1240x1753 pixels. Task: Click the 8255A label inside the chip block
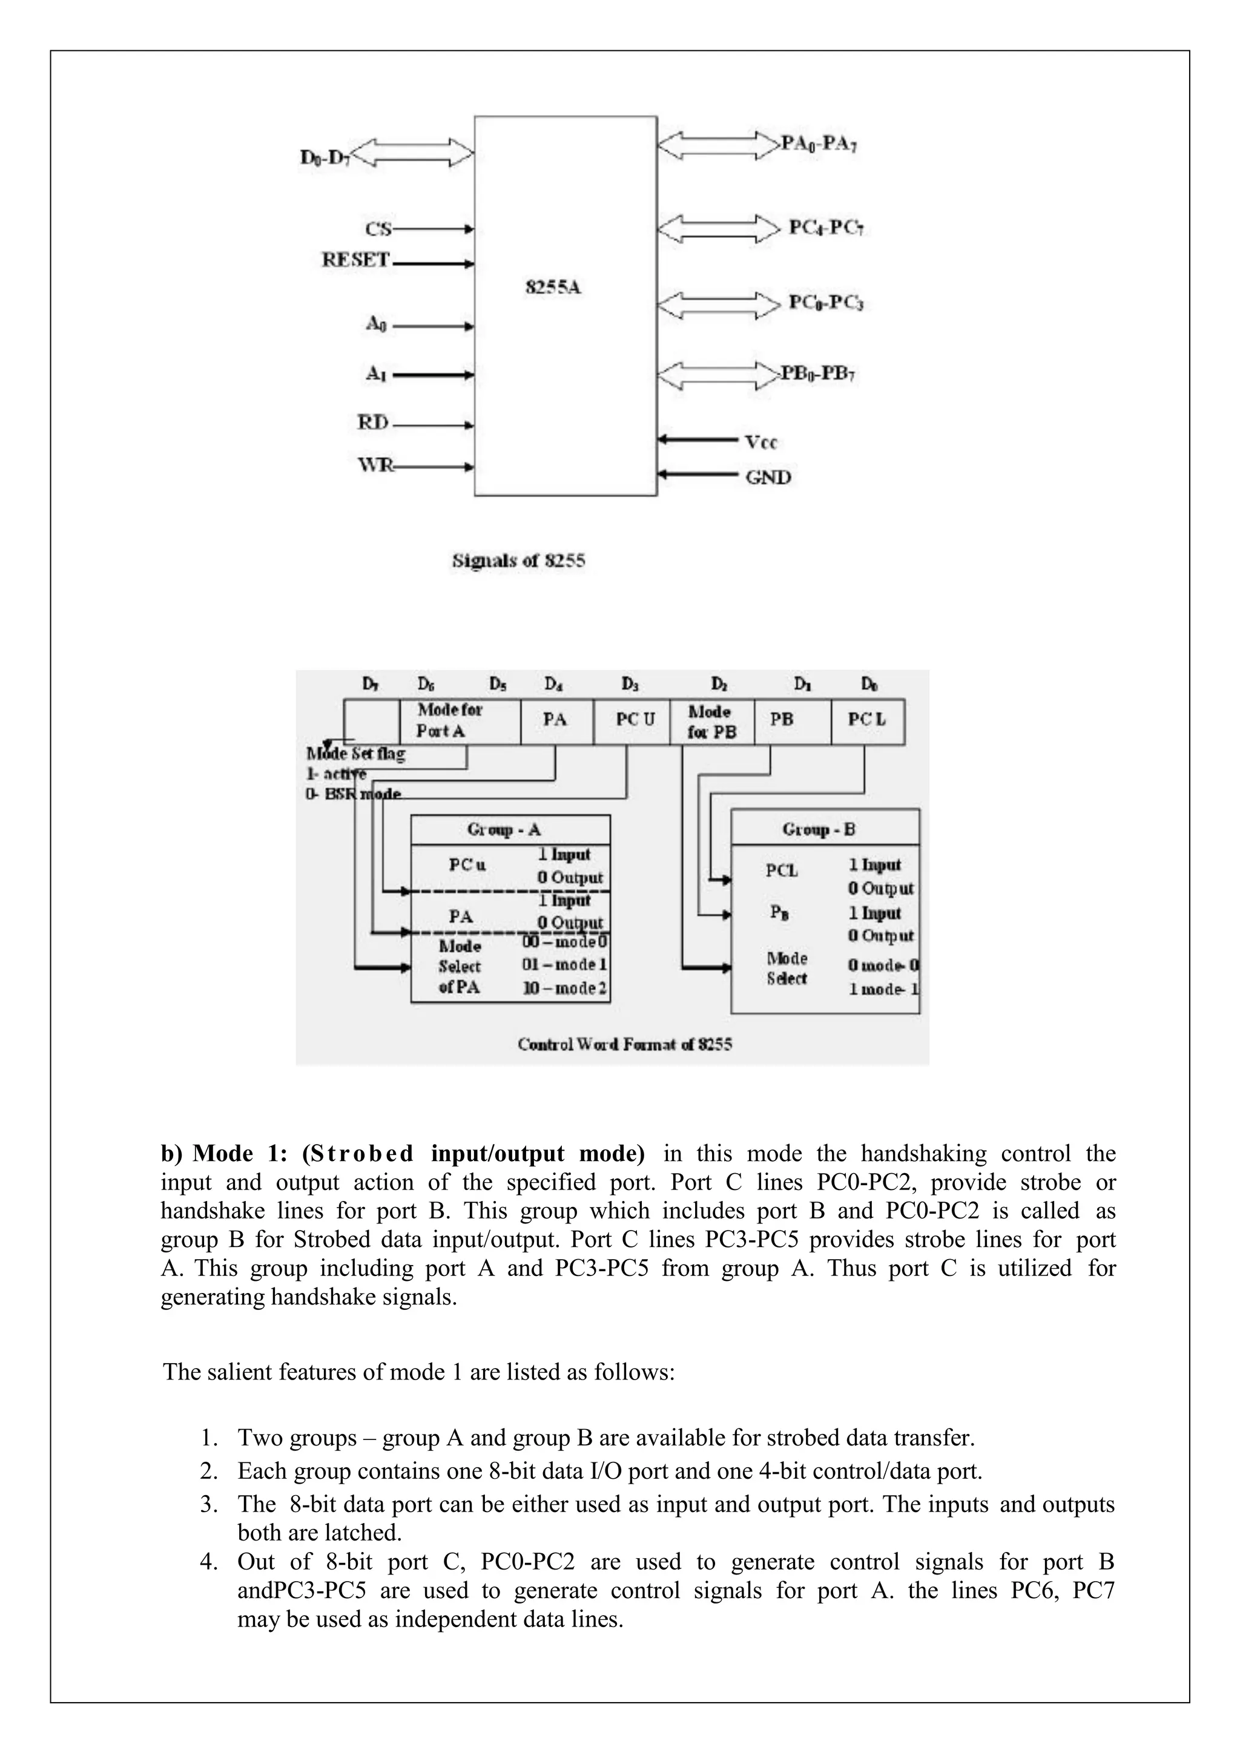click(553, 288)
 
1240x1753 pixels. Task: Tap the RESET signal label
click(356, 260)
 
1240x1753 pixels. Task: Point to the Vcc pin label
click(760, 442)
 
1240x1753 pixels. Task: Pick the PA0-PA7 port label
click(819, 143)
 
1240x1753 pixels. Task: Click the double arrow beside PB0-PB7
click(717, 375)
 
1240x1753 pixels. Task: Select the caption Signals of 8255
click(518, 561)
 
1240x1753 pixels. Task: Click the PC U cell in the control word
click(635, 719)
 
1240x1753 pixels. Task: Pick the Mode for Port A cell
click(450, 720)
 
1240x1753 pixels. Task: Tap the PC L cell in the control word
click(866, 719)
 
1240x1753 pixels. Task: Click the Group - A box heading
click(504, 829)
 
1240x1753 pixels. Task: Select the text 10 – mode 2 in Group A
click(565, 988)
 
